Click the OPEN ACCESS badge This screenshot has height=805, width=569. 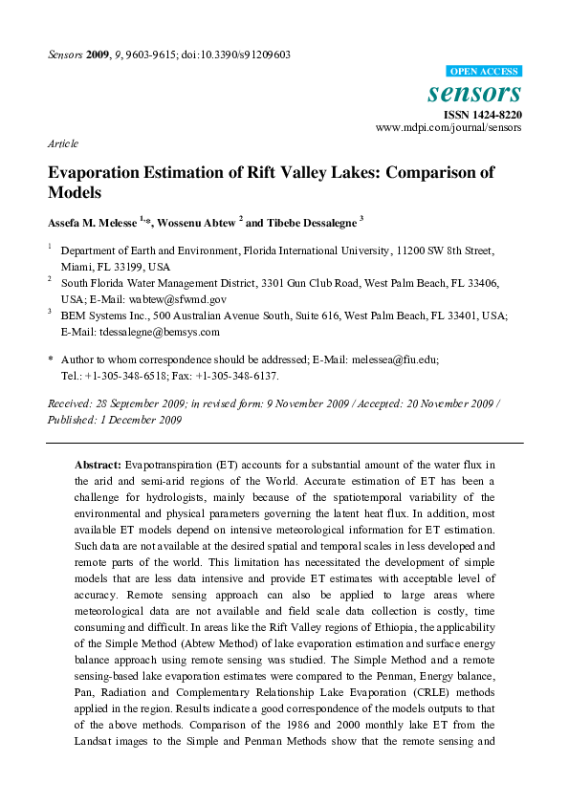pos(484,72)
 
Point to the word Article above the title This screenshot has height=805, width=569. pos(63,143)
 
